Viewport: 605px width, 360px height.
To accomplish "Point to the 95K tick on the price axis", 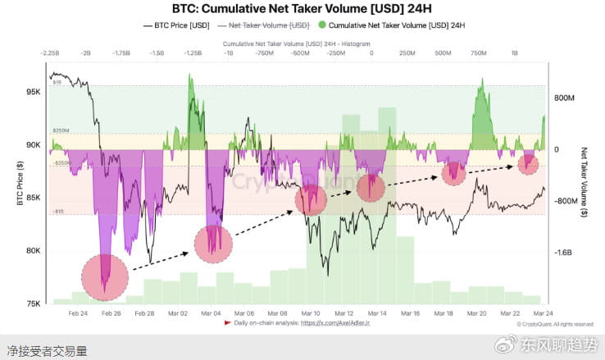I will pos(34,92).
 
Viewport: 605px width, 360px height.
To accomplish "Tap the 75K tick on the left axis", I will pos(34,304).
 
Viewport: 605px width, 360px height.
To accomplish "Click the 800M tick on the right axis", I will pos(566,98).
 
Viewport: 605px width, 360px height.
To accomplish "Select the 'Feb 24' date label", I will pos(78,313).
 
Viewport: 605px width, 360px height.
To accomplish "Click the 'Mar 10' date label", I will pos(311,313).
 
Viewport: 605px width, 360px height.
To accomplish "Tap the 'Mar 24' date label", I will pos(543,313).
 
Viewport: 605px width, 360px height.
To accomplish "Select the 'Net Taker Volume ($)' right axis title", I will pos(585,181).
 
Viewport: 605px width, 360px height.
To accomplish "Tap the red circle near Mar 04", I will pos(214,244).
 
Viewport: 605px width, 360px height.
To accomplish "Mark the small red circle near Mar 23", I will pos(528,164).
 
